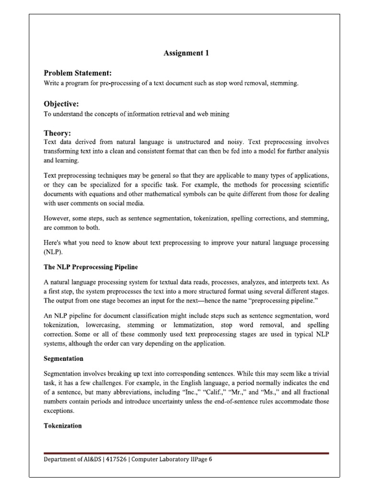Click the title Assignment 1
(186, 54)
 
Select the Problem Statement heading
(78, 73)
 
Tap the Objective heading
(61, 104)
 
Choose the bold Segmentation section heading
(63, 358)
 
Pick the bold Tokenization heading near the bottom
(63, 425)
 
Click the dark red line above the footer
(186, 453)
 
